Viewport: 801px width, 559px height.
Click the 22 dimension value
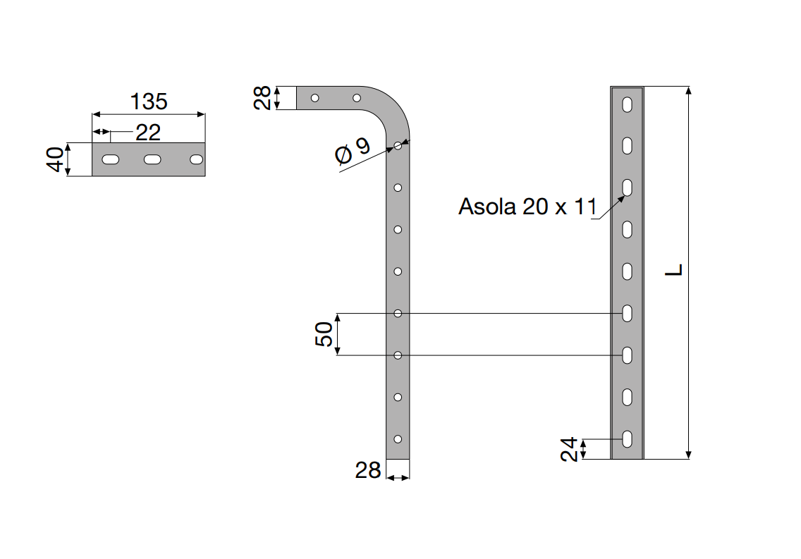147,132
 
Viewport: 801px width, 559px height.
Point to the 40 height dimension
56,160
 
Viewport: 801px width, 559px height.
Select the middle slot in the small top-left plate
153,160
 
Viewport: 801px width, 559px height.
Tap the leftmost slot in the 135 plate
110,160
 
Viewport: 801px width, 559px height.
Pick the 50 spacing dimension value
323,333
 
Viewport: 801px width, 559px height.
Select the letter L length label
675,269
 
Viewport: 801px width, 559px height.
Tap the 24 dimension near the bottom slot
570,448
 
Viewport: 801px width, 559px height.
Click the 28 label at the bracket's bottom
367,470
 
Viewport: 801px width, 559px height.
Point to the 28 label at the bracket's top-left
263,98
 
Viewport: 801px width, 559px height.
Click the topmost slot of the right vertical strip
627,104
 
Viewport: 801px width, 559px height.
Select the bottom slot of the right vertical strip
627,438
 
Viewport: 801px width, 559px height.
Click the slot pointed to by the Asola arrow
627,188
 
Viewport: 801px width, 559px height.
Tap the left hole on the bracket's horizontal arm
315,97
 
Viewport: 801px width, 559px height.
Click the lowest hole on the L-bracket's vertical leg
398,438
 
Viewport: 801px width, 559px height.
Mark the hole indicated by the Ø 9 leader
398,146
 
